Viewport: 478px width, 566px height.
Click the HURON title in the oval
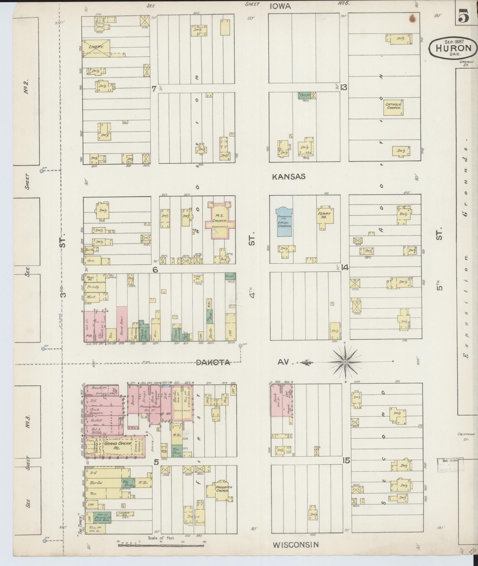coord(453,48)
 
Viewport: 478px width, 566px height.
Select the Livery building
coord(96,48)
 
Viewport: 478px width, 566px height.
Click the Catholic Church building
coord(394,108)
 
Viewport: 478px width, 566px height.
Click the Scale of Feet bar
coord(161,545)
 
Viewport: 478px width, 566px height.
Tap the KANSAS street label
coord(289,177)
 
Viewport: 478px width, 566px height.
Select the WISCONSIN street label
coord(296,545)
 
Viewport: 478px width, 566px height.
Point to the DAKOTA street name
coord(213,362)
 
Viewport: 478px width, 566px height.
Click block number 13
coord(344,87)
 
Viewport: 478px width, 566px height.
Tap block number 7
coord(153,88)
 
